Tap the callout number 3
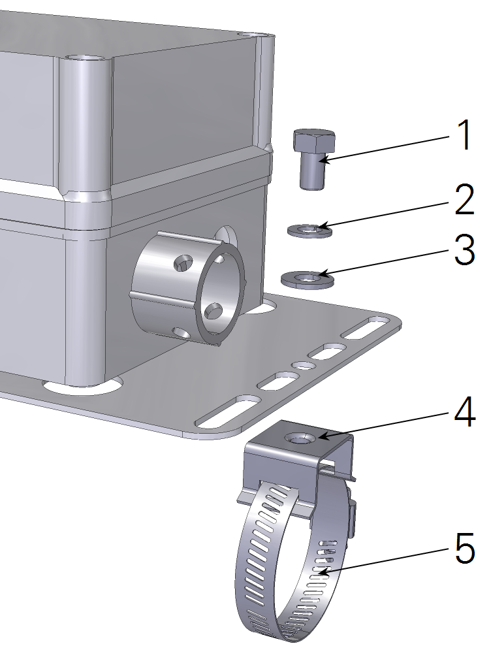(464, 251)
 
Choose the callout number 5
(464, 549)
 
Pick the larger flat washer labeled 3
(308, 279)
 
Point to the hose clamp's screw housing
(353, 516)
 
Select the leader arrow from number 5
(385, 560)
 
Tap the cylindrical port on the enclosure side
(189, 287)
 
